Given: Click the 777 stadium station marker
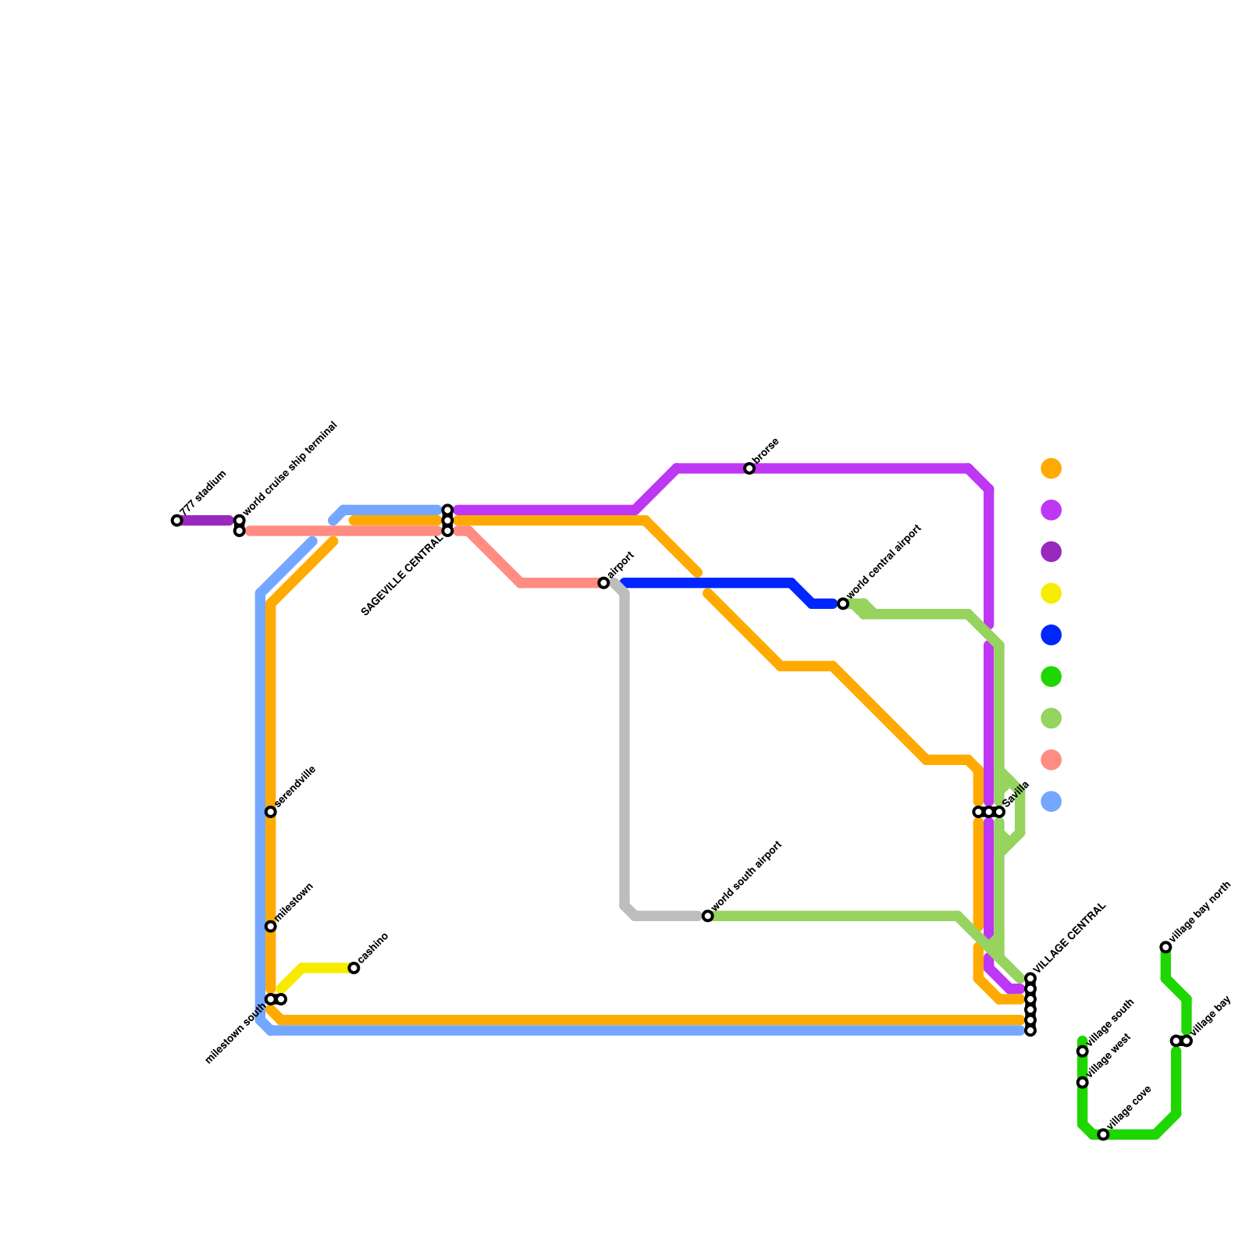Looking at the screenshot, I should pyautogui.click(x=176, y=521).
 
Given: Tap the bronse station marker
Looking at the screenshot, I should pyautogui.click(x=749, y=468).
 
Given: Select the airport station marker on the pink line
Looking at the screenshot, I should pyautogui.click(x=603, y=583).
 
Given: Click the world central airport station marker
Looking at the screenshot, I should pyautogui.click(x=843, y=603).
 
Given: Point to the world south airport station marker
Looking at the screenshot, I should pyautogui.click(x=707, y=916).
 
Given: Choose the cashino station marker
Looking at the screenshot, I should pyautogui.click(x=354, y=968).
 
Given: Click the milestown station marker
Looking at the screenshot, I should pyautogui.click(x=271, y=927).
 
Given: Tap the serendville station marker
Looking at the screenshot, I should pyautogui.click(x=271, y=812).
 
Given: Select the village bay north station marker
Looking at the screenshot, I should pyautogui.click(x=1165, y=947).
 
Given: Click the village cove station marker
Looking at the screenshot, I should pyautogui.click(x=1103, y=1134).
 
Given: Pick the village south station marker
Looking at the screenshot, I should pyautogui.click(x=1083, y=1052).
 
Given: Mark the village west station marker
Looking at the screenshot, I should pyautogui.click(x=1083, y=1083).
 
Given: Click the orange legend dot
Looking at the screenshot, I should pyautogui.click(x=1052, y=468).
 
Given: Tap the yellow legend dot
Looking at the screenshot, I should pyautogui.click(x=1052, y=593).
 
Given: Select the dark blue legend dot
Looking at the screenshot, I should pyautogui.click(x=1052, y=635).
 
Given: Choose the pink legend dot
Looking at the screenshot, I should pyautogui.click(x=1052, y=760).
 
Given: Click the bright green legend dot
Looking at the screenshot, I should pyautogui.click(x=1052, y=677).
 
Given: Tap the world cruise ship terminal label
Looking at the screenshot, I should pyautogui.click(x=290, y=471).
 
